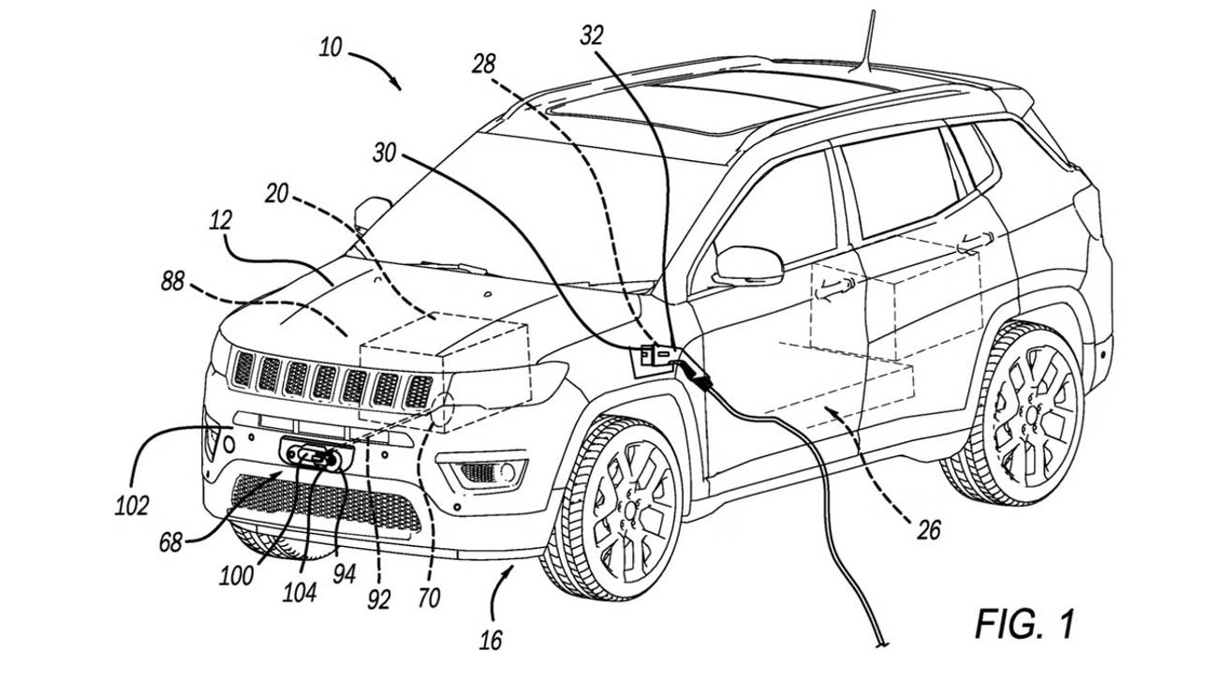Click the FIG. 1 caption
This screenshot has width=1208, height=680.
click(x=1024, y=624)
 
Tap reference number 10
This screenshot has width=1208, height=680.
click(x=330, y=47)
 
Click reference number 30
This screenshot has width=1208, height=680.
click(x=385, y=153)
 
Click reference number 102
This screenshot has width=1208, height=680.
click(x=131, y=506)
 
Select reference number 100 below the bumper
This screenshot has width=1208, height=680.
click(x=237, y=574)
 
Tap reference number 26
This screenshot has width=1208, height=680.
click(x=927, y=531)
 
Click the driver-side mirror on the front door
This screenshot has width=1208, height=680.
click(x=747, y=265)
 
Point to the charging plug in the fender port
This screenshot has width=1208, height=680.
click(x=694, y=373)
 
